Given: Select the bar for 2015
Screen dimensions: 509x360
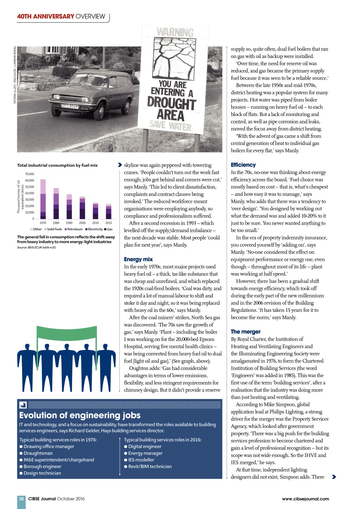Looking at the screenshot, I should [x=109, y=211].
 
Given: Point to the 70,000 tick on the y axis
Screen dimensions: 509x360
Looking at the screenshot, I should [x=30, y=174].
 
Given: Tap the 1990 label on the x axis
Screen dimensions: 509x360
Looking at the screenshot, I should [x=69, y=223].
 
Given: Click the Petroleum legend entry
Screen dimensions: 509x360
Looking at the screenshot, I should [x=73, y=229].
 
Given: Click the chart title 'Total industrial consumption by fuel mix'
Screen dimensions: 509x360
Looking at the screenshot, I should [x=57, y=165].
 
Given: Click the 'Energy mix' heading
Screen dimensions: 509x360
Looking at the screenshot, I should [x=138, y=259].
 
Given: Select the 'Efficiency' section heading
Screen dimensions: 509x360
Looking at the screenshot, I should [x=243, y=165].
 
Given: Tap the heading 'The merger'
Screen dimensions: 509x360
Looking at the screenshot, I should [x=245, y=331].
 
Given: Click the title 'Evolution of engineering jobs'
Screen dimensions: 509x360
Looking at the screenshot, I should [x=80, y=415].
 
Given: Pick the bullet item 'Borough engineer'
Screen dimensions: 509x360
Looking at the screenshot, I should [x=42, y=466].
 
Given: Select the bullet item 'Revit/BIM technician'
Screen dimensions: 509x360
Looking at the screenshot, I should [x=150, y=466].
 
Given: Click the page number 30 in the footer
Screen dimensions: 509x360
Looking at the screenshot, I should [x=21, y=498].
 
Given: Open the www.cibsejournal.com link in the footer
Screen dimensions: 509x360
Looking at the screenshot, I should [x=305, y=498].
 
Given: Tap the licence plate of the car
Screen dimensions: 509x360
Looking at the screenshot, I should [x=70, y=106].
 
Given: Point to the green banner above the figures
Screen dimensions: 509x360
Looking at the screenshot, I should [x=67, y=332].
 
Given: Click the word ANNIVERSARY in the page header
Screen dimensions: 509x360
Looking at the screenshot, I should [x=54, y=16].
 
